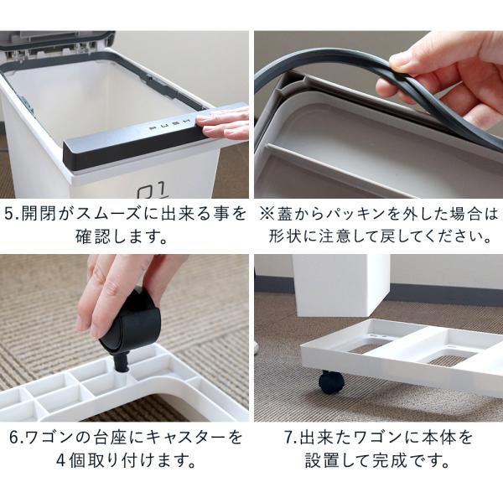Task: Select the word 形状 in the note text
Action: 291,237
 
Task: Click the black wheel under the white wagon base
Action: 331,381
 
